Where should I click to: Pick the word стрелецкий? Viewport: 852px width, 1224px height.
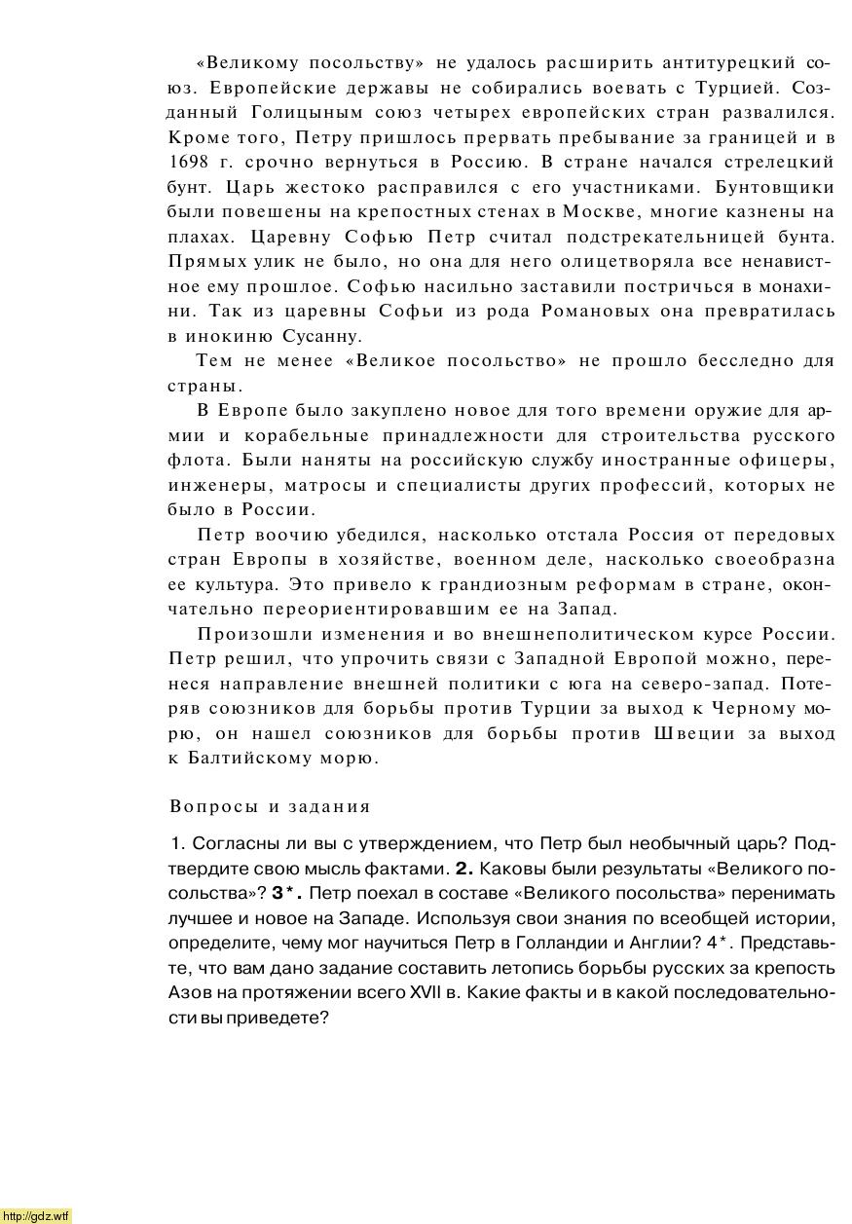(x=785, y=162)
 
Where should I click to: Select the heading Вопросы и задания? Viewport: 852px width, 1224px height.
(x=270, y=806)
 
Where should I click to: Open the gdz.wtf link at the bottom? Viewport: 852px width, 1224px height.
(x=36, y=1215)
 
